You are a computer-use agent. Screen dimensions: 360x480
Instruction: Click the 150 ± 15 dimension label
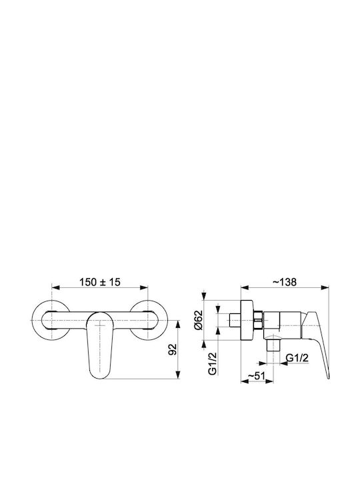pyautogui.click(x=101, y=282)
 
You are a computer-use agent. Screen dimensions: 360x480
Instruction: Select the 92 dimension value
pyautogui.click(x=173, y=349)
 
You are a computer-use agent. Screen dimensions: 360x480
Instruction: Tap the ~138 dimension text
pyautogui.click(x=285, y=282)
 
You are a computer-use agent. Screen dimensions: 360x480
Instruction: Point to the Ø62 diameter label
pyautogui.click(x=199, y=320)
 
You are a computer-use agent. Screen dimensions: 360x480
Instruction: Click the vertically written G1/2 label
pyautogui.click(x=213, y=363)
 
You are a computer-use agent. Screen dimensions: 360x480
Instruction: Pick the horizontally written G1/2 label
pyautogui.click(x=297, y=358)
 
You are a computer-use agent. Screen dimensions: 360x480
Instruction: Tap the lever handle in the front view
pyautogui.click(x=99, y=345)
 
